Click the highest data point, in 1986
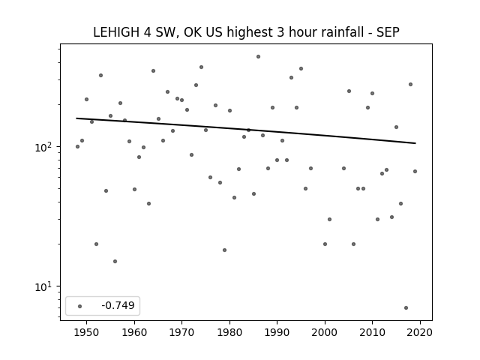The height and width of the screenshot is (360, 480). coord(258,57)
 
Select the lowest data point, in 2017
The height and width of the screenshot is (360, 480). coord(406,307)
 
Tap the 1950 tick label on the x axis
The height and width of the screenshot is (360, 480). coord(87,332)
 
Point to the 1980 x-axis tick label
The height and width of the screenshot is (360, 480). coord(229,332)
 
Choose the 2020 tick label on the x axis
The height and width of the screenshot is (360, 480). coord(420,332)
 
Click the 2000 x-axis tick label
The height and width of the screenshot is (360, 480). coord(325,332)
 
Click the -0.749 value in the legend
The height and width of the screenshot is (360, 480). coord(118,305)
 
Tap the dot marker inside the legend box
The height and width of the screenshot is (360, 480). coord(80,306)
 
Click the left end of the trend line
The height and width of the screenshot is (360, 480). coord(76,118)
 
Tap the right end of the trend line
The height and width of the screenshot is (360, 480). coord(415,143)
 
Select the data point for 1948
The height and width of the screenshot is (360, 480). coord(77,147)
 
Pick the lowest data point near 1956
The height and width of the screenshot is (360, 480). coord(115,262)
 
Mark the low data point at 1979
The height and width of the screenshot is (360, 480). coord(225,250)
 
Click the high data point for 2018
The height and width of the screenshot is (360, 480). coord(410,85)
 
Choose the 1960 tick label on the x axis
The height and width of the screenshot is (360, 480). coord(134,332)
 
